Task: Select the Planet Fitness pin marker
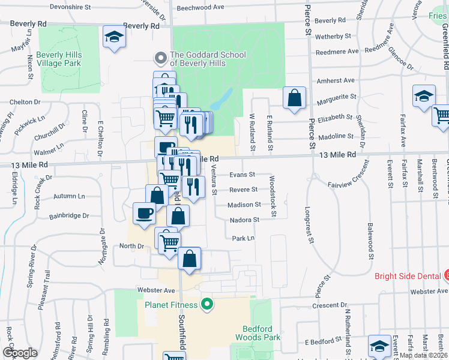(x=208, y=304)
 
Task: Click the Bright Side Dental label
(x=408, y=277)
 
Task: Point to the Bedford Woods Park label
(x=262, y=333)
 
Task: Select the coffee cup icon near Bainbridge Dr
(x=144, y=214)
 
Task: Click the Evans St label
(x=243, y=175)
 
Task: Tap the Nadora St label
(x=244, y=220)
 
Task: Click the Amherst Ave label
(x=336, y=80)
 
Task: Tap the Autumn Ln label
(x=69, y=196)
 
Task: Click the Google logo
(x=20, y=353)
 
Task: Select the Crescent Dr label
(x=327, y=305)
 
